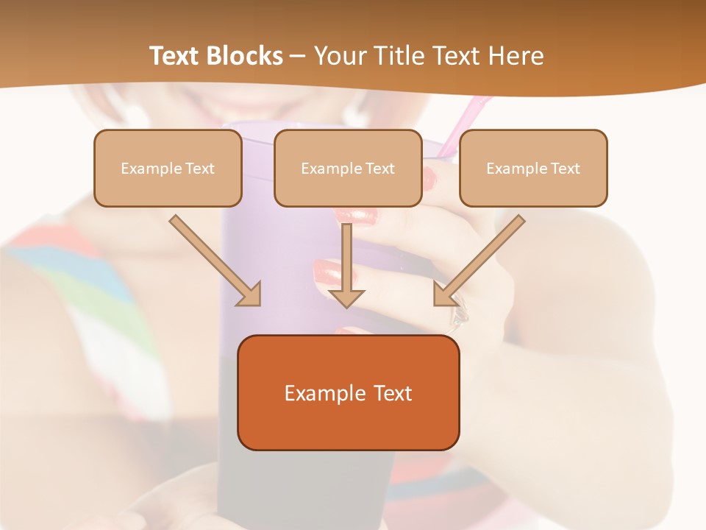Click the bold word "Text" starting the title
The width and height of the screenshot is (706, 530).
click(176, 56)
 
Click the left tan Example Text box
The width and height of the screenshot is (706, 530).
click(168, 168)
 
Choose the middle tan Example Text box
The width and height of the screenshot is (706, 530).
click(348, 168)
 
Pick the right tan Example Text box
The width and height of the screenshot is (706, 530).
click(533, 168)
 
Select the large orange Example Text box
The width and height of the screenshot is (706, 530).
click(348, 392)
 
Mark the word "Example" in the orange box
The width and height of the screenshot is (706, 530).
click(315, 393)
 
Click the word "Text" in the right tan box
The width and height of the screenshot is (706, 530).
click(565, 169)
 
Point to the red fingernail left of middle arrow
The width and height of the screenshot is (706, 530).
click(327, 273)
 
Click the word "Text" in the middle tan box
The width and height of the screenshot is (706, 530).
click(379, 169)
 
